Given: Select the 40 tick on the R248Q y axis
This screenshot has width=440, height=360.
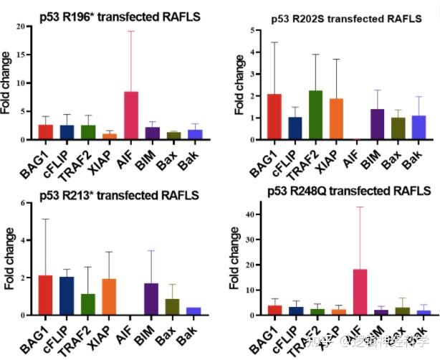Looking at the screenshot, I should pos(249,214).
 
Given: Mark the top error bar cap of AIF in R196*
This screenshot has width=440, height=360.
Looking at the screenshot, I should pos(131,31).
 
